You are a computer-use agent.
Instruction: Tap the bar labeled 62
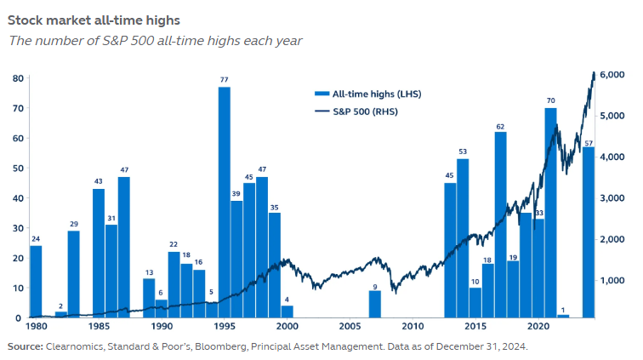pyautogui.click(x=500, y=225)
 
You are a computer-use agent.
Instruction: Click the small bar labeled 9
pyautogui.click(x=374, y=304)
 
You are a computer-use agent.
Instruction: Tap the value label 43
pyautogui.click(x=99, y=181)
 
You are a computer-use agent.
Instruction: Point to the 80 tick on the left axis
pyautogui.click(x=16, y=78)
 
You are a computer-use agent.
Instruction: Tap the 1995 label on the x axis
pyautogui.click(x=225, y=326)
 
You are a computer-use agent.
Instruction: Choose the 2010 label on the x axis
pyautogui.click(x=412, y=326)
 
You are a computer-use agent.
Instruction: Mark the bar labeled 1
pyautogui.click(x=563, y=316)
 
